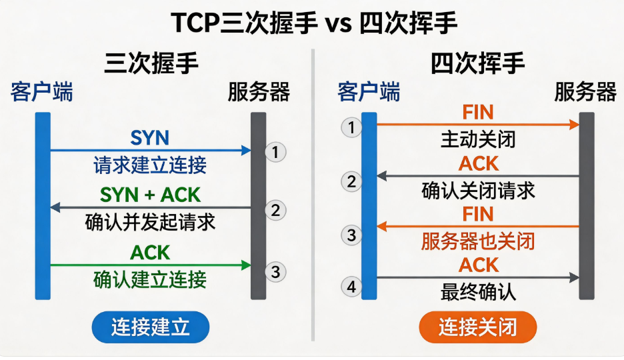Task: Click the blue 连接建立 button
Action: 151,327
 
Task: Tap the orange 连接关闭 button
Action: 478,327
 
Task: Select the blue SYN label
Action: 149,138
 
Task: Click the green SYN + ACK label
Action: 150,195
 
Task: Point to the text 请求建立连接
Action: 150,165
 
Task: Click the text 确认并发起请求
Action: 150,222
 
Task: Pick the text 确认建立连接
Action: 150,279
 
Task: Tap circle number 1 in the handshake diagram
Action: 275,152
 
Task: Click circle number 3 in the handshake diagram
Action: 275,272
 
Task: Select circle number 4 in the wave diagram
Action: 351,287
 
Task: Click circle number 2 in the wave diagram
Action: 351,182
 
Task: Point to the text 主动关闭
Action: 478,139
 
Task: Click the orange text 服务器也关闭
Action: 478,241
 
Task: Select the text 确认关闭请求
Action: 478,191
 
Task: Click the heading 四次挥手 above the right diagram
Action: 477,63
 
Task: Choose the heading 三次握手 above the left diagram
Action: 151,63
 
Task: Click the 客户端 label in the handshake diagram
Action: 42,92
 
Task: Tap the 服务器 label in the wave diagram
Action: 585,92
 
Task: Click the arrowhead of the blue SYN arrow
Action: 247,151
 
